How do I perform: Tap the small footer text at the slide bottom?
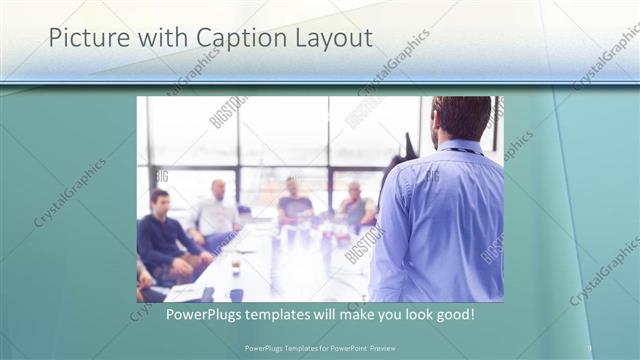tap(320, 348)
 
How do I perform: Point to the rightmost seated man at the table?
tap(356, 205)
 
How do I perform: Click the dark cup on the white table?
tap(236, 269)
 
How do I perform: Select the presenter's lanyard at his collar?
tap(462, 150)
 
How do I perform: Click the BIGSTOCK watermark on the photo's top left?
tap(228, 112)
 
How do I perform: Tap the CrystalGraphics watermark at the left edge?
tap(70, 193)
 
